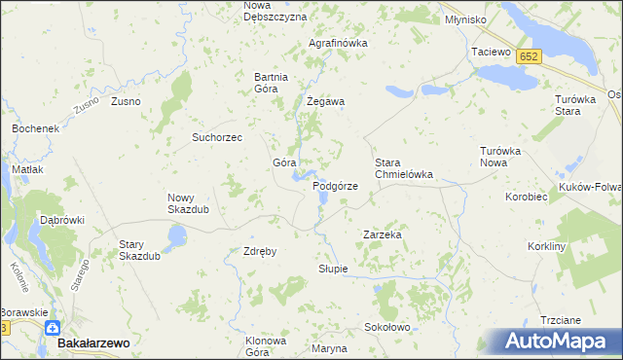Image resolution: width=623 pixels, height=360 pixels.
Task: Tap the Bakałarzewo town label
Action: (93, 343)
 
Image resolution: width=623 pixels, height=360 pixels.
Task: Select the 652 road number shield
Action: (529, 57)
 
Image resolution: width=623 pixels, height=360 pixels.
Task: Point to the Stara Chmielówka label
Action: (403, 168)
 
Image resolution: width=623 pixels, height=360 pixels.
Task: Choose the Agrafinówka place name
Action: (338, 44)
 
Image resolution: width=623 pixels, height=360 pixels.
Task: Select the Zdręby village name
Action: (260, 251)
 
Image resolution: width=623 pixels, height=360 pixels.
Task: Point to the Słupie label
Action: (332, 269)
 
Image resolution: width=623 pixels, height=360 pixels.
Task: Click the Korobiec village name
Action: (527, 197)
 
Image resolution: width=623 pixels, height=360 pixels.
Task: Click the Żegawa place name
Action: (327, 101)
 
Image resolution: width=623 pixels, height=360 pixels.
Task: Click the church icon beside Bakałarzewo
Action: (51, 329)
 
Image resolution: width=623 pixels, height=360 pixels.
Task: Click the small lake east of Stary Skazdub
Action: (176, 235)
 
